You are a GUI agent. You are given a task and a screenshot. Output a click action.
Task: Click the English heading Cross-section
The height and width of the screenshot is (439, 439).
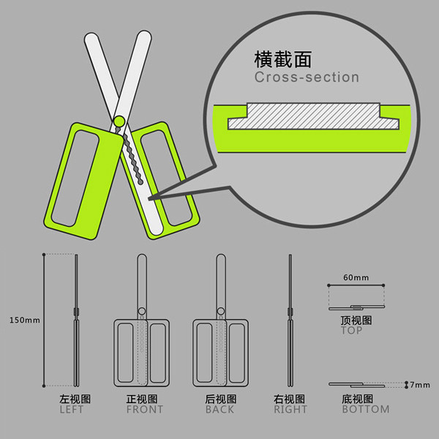(x=307, y=77)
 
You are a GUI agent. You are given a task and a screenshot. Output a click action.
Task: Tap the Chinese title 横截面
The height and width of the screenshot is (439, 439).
(x=282, y=59)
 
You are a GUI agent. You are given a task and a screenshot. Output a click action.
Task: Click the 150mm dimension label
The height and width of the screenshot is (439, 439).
(x=25, y=320)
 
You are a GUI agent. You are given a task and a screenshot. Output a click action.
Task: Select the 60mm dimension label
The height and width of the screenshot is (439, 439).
(x=356, y=277)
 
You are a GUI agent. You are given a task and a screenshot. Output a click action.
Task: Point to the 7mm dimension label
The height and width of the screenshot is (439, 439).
(x=420, y=385)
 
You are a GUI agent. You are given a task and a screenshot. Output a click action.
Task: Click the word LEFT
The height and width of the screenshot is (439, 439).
(x=72, y=409)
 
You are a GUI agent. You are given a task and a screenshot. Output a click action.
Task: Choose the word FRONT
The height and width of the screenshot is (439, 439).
(x=144, y=409)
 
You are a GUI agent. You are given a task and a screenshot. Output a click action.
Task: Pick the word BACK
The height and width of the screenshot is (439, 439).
(x=219, y=409)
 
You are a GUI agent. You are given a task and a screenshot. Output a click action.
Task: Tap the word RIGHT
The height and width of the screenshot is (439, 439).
(x=290, y=409)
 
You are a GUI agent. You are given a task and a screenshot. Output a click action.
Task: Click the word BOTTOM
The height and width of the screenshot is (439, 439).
(x=366, y=409)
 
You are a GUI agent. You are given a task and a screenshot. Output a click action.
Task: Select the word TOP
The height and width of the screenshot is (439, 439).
(x=352, y=331)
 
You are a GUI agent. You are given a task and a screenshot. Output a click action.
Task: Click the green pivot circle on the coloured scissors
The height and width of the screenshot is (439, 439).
(x=119, y=121)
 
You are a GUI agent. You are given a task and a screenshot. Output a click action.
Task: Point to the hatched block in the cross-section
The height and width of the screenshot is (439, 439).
(x=314, y=116)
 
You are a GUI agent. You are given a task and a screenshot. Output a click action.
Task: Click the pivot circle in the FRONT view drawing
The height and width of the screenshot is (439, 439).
(x=142, y=312)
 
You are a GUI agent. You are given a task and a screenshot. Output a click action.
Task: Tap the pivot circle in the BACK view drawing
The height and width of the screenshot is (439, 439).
(x=221, y=312)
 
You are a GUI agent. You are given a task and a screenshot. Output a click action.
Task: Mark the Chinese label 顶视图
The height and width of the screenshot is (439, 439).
(x=356, y=320)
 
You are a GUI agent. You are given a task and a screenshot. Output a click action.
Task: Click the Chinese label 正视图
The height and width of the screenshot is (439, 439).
(x=142, y=399)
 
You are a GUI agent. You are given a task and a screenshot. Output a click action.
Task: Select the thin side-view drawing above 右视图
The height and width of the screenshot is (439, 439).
(x=290, y=320)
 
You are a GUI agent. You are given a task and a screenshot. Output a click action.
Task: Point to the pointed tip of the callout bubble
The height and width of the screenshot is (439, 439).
(x=149, y=199)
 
